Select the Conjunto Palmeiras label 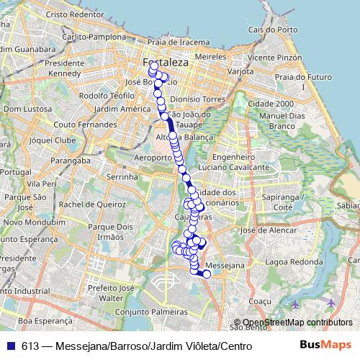point(151,312)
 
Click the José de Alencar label point(269,230)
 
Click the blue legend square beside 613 point(11,346)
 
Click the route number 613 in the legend point(30,346)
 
